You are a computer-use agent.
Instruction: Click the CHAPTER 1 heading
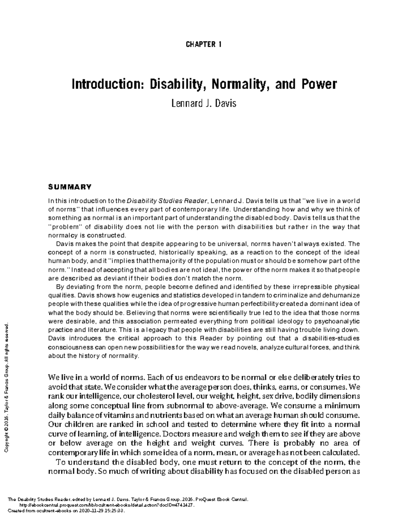click(204, 45)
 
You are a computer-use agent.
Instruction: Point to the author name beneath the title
click(204, 104)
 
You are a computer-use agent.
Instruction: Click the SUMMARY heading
click(69, 187)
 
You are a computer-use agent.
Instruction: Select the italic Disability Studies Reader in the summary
click(167, 201)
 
